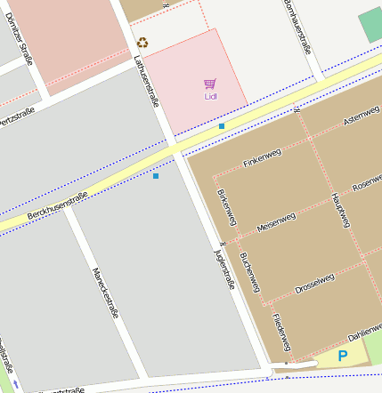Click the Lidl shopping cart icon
tap(210, 84)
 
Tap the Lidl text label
tap(210, 96)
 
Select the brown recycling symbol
tap(142, 42)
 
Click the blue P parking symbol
tap(343, 357)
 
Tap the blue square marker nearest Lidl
tap(222, 126)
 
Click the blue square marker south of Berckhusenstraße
tap(156, 176)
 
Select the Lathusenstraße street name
tap(145, 81)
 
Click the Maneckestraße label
tap(105, 293)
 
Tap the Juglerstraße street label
tap(223, 267)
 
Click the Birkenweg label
tap(226, 210)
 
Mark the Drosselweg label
tap(314, 283)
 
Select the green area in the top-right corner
tap(370, 27)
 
